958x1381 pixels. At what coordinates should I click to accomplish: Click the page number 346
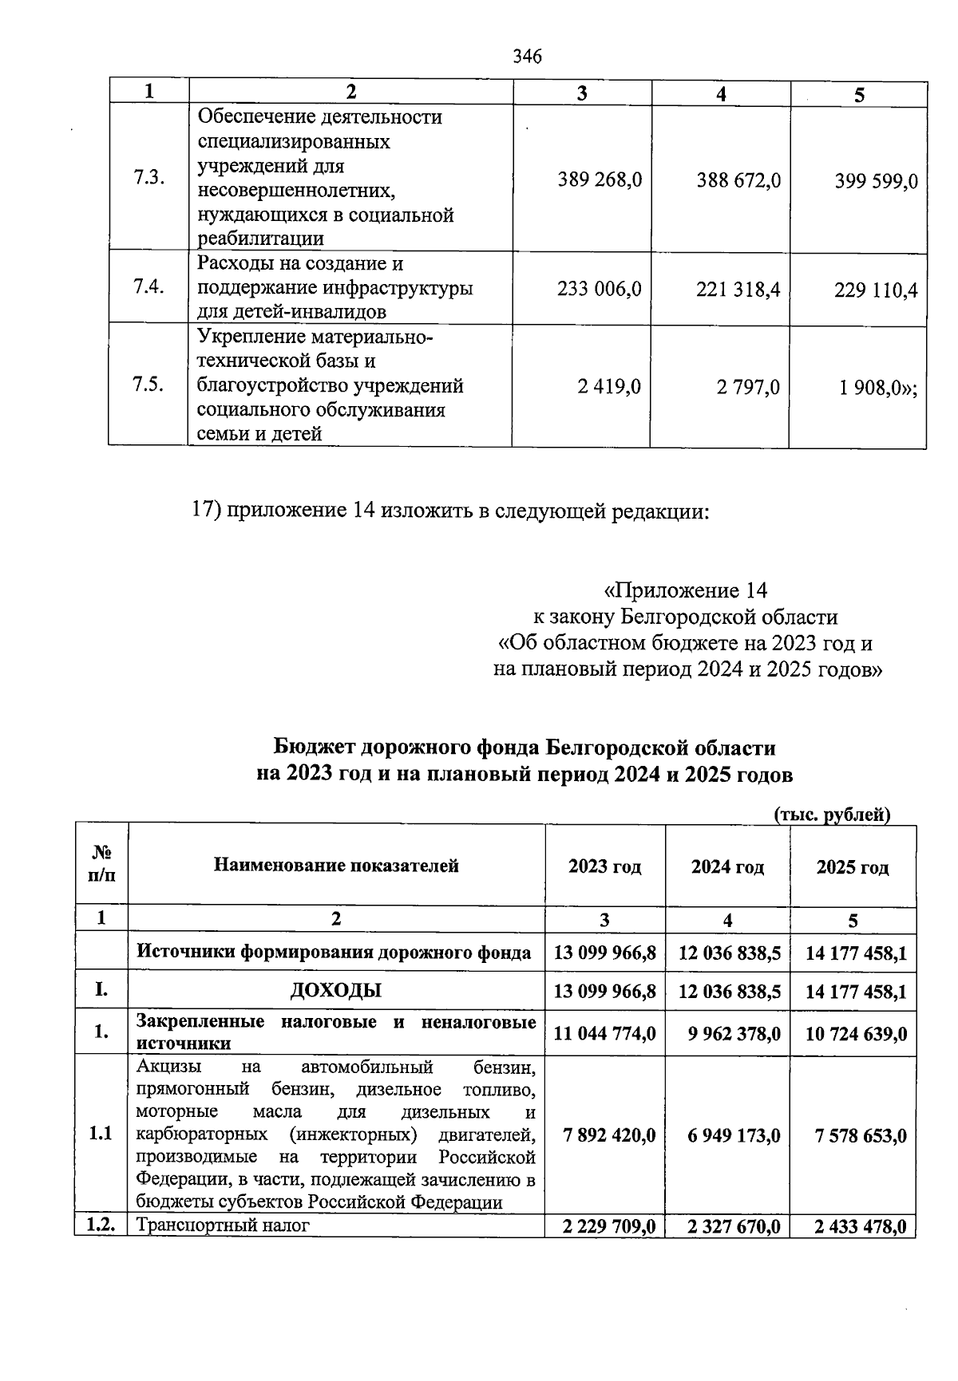pos(527,57)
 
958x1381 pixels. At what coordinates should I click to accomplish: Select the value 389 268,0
pos(600,181)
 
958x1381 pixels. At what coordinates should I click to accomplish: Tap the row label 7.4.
pos(148,287)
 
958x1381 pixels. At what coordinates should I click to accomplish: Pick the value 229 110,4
pos(876,290)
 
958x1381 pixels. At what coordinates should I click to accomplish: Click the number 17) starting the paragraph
pos(206,510)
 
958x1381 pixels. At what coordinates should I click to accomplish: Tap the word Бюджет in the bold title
pos(315,748)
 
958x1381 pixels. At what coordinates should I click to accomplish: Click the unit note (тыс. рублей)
pos(832,815)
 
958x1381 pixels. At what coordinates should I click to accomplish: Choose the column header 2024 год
pos(727,867)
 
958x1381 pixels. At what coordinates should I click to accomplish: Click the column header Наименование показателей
pos(336,866)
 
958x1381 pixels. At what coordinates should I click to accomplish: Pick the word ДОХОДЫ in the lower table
pos(335,991)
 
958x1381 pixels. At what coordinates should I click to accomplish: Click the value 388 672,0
pos(738,181)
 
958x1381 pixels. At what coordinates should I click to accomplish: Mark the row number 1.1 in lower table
pos(101,1134)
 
